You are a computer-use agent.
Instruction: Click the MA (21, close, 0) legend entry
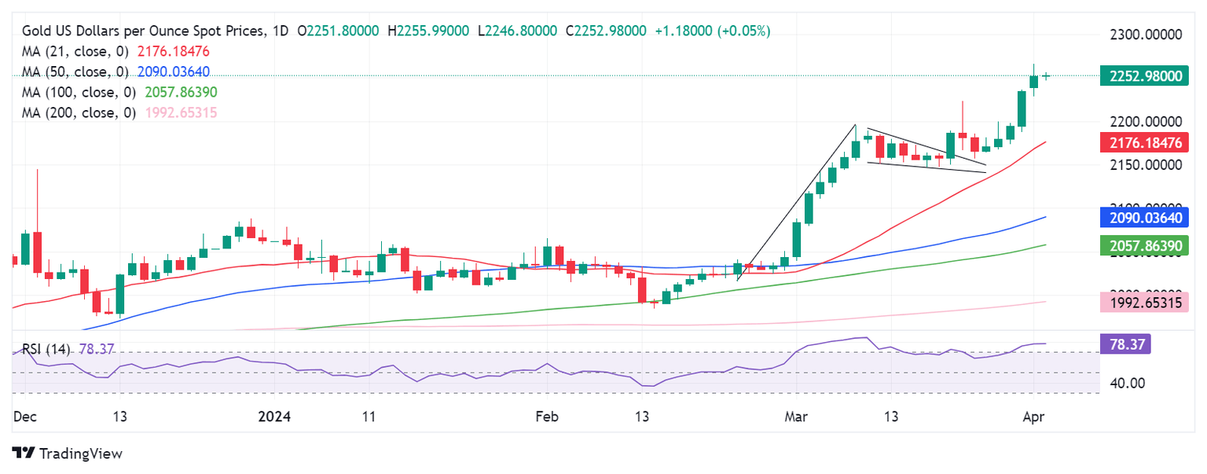pos(76,51)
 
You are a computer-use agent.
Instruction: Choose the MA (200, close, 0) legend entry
pos(79,112)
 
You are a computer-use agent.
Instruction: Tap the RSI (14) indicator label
pos(46,347)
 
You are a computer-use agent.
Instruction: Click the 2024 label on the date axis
pos(274,416)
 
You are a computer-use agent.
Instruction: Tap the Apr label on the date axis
pos(1033,416)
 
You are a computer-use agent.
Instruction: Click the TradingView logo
pos(68,454)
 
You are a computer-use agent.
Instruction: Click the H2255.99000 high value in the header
pos(428,31)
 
